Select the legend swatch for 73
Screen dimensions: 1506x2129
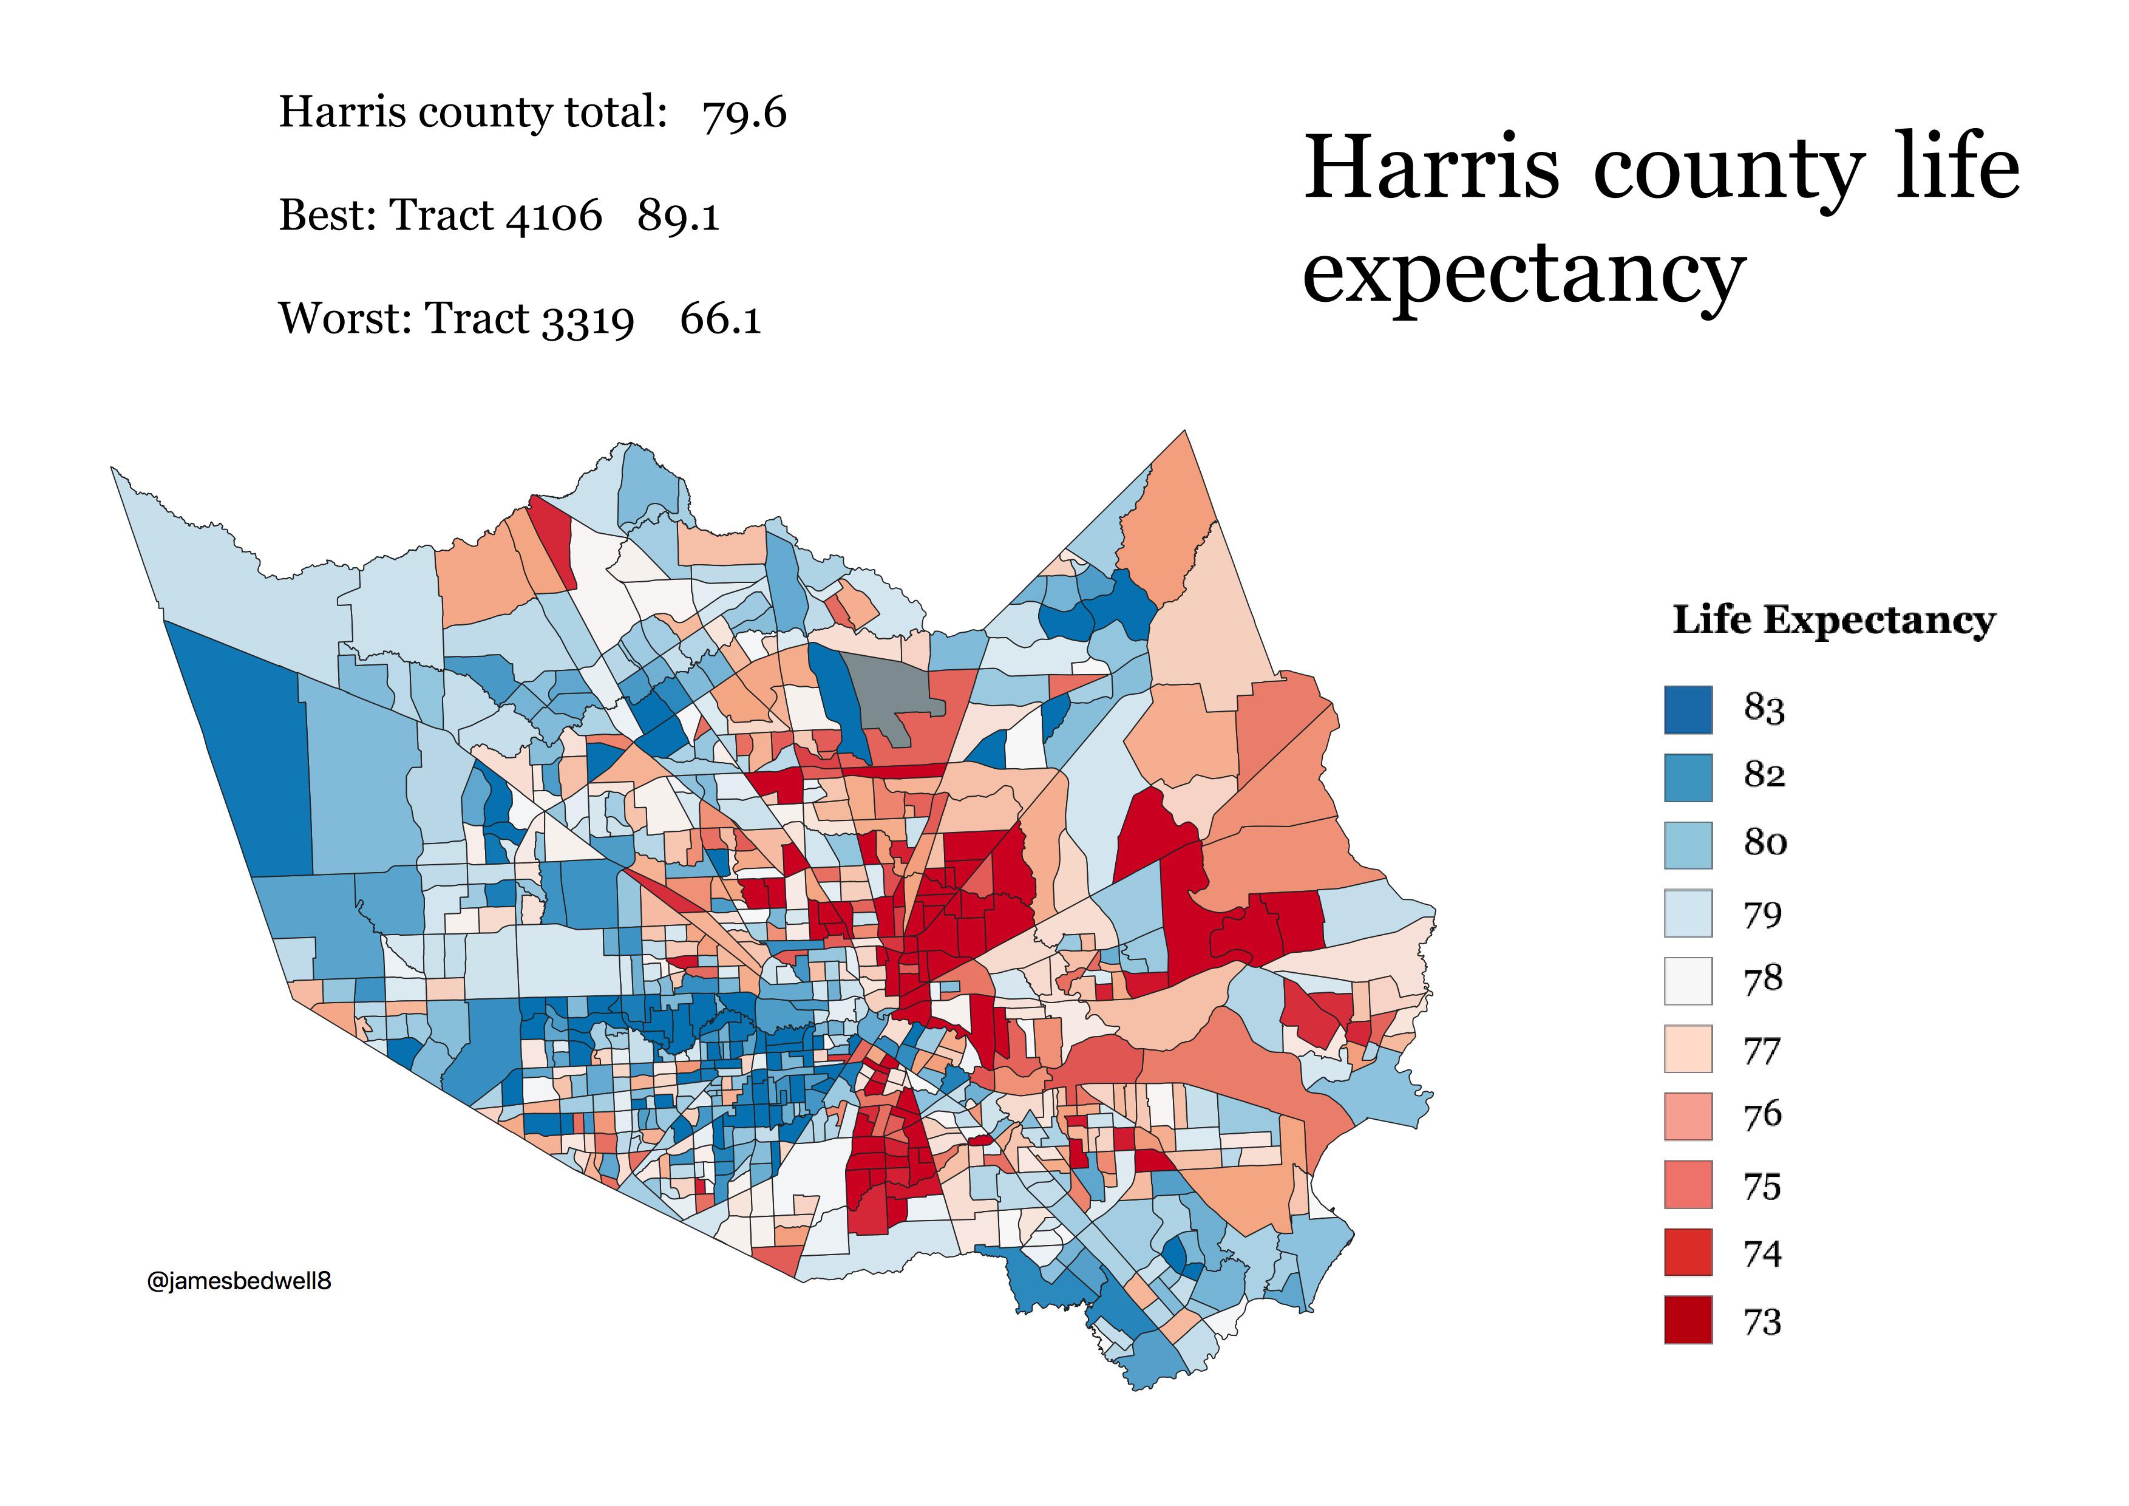(x=1688, y=1319)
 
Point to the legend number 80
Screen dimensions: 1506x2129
(x=1765, y=842)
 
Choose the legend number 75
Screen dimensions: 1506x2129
(x=1762, y=1186)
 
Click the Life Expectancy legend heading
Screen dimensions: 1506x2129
(x=1833, y=619)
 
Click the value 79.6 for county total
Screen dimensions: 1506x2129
(x=744, y=113)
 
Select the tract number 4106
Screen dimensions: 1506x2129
(x=554, y=215)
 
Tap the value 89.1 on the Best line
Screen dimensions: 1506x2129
(x=678, y=215)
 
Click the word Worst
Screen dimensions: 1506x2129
(x=345, y=318)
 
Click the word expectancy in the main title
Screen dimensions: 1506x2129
(x=1524, y=271)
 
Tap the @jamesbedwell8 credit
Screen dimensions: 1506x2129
(x=239, y=1281)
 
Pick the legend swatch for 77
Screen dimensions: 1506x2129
(x=1688, y=1049)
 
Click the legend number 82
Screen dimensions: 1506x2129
(x=1764, y=774)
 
